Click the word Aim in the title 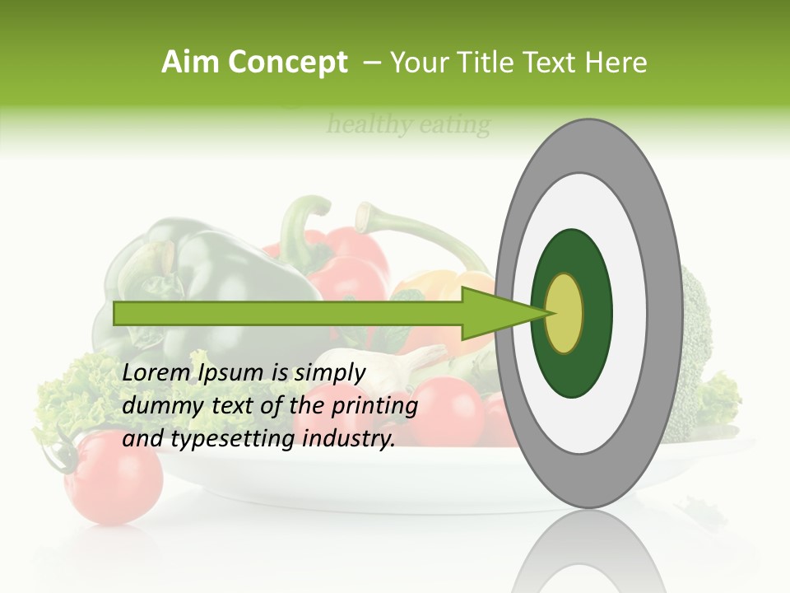coord(191,63)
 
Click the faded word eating coord(454,125)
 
